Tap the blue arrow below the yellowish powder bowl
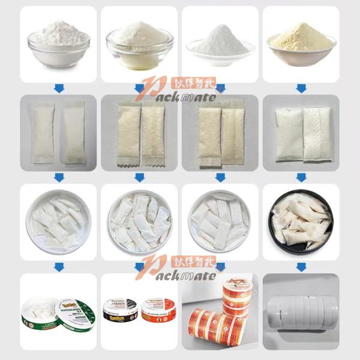[x=301, y=88]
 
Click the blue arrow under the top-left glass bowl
[x=58, y=88]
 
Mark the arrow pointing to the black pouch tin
[x=301, y=177]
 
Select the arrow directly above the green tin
[x=58, y=266]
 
